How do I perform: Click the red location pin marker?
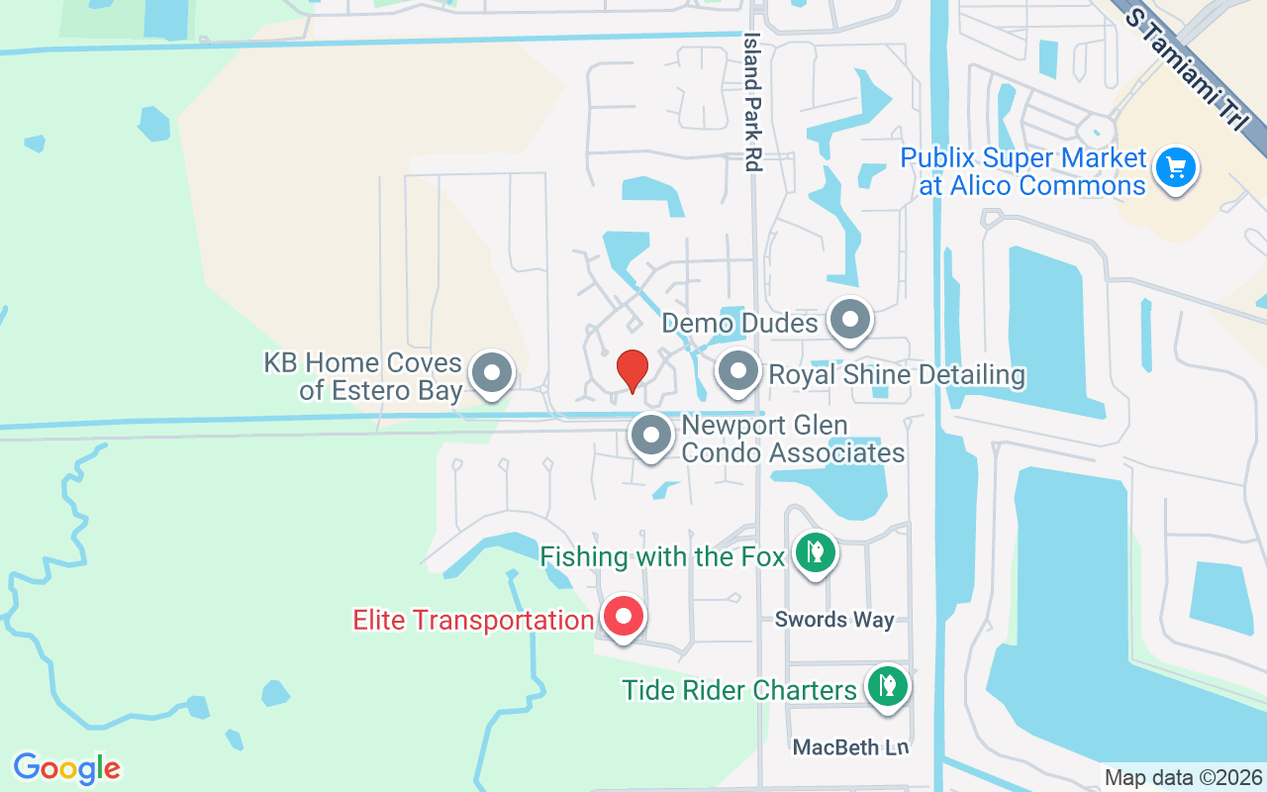tap(632, 370)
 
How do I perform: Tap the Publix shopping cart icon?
tap(1175, 166)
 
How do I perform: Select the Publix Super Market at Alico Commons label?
tap(1023, 171)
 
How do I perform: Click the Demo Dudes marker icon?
tap(848, 320)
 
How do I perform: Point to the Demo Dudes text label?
tap(739, 323)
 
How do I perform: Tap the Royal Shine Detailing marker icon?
tap(736, 372)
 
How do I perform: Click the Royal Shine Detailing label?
tap(897, 375)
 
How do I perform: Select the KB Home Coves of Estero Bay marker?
tap(491, 374)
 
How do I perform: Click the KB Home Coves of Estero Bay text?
tap(363, 376)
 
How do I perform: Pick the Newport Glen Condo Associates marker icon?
tap(651, 435)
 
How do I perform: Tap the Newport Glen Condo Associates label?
tap(793, 440)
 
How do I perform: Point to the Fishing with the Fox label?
tap(662, 556)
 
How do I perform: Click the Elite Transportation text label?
tap(473, 621)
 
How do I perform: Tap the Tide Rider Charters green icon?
tap(888, 685)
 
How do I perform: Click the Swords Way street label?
tap(834, 620)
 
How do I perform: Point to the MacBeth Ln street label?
tap(850, 746)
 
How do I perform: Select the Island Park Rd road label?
tap(753, 102)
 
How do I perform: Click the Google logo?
tap(67, 768)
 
